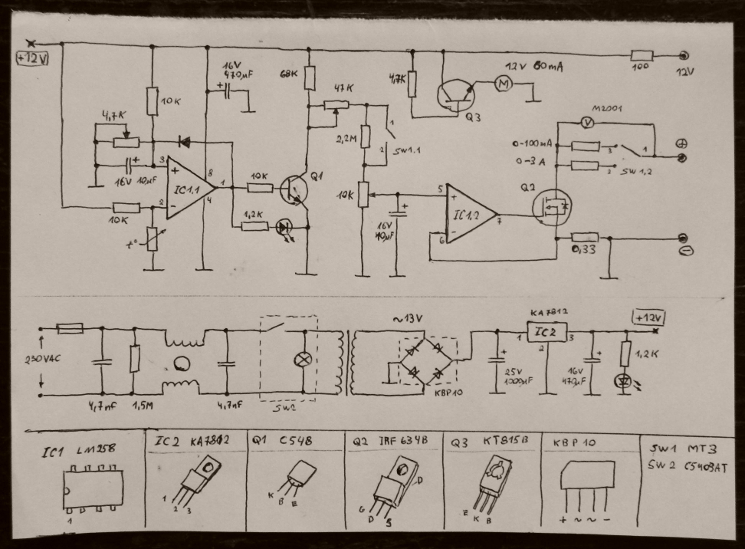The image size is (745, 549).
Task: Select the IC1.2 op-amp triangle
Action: tap(468, 214)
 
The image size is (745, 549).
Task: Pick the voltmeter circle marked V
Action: tap(586, 121)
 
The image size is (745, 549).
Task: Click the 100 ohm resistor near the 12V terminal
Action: tap(641, 55)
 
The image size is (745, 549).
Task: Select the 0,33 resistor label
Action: tap(584, 250)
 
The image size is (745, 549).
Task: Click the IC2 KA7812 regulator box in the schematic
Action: tap(546, 331)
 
